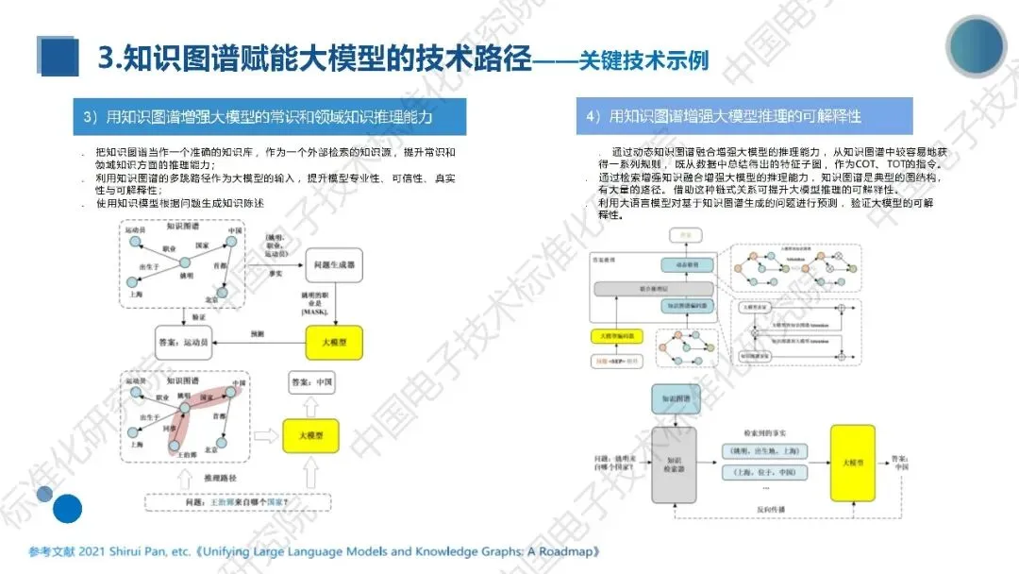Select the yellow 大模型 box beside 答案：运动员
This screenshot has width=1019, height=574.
point(333,342)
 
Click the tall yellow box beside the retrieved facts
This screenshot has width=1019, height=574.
point(852,463)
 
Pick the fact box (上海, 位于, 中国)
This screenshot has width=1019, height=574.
point(761,473)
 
